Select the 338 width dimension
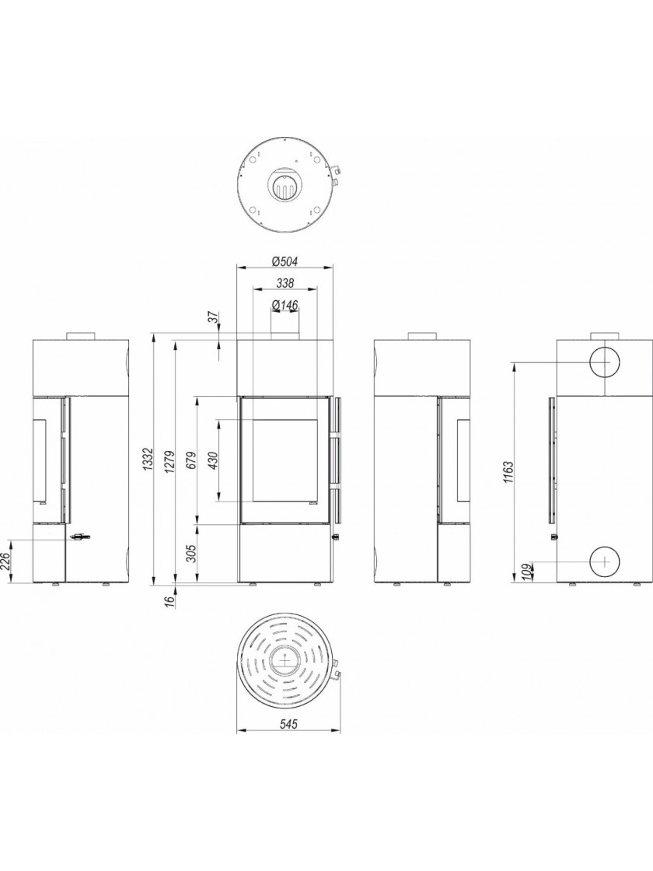pos(285,283)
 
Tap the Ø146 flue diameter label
pos(285,305)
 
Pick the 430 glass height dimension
pos(214,460)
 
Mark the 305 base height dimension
pos(191,553)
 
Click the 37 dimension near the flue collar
pos(215,318)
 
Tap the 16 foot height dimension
pos(169,600)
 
